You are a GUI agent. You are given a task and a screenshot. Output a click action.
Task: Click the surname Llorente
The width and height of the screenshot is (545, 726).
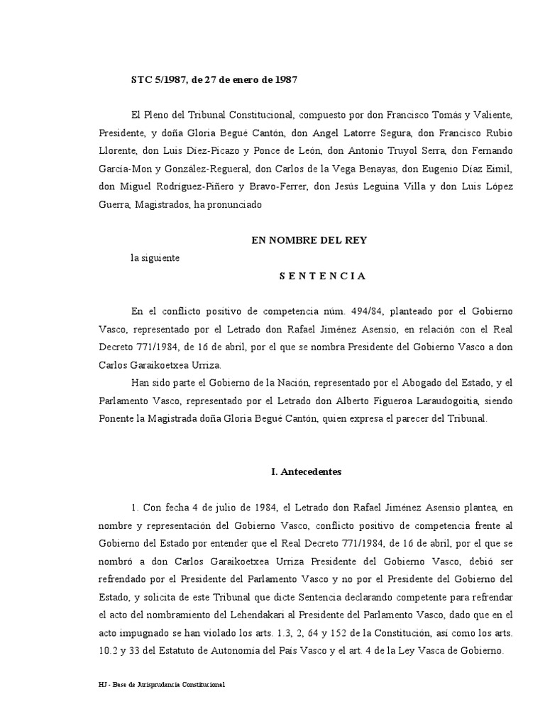[x=119, y=151]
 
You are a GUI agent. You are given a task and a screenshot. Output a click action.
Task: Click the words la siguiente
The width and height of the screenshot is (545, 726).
[x=155, y=258]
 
